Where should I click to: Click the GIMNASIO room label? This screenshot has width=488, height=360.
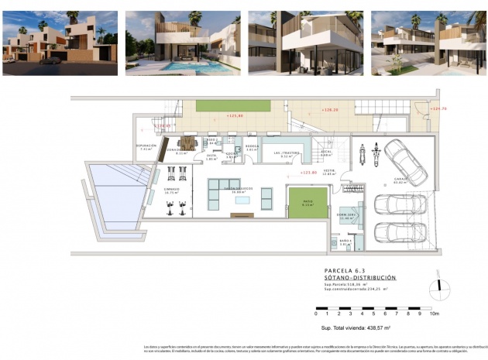171,190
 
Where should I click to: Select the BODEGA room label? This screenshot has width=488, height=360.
251,146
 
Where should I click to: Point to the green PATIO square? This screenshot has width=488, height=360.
307,204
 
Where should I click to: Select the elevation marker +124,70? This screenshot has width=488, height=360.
439,108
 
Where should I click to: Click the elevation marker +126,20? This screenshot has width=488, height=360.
332,110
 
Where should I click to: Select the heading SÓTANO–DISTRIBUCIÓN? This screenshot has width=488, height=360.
359,277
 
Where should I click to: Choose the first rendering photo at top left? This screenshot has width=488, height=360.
60,43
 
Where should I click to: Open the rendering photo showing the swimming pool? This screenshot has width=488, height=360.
182,43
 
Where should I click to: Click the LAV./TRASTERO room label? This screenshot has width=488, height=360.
287,153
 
